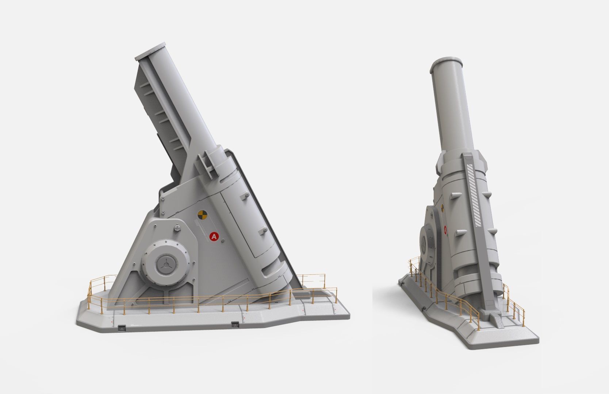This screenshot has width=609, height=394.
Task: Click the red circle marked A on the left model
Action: point(214,237)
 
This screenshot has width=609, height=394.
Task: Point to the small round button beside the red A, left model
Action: point(223,240)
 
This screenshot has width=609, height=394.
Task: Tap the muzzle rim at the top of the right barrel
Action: point(447,62)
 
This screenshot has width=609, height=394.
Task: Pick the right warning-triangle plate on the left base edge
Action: point(235,324)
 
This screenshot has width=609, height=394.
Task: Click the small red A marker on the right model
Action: point(445,229)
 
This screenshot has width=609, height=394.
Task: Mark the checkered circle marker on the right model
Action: point(442,208)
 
